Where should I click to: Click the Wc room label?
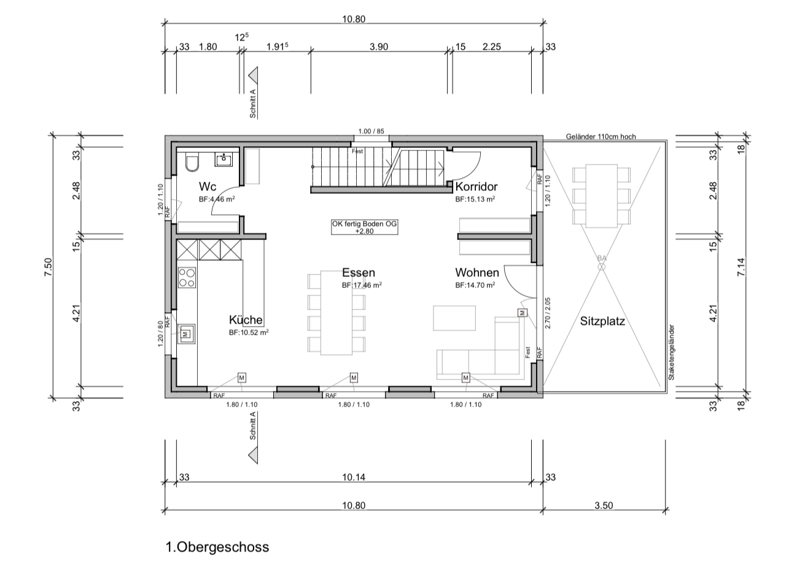(208, 186)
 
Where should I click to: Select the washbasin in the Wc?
(223, 160)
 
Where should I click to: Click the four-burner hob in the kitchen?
(187, 278)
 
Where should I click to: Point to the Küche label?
(246, 320)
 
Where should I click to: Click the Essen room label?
(359, 272)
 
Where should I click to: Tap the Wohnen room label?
(477, 272)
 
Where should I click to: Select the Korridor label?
(476, 186)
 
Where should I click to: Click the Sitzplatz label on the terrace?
(602, 321)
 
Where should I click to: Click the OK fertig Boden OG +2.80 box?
(365, 227)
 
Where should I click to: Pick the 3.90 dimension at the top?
(379, 47)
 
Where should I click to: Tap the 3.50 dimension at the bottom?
(604, 505)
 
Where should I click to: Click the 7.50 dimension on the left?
(48, 267)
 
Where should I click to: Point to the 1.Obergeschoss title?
(217, 547)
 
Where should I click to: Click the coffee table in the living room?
(454, 318)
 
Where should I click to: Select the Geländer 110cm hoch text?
(601, 136)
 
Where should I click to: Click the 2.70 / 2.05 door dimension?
(547, 313)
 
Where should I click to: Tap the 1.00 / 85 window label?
(371, 131)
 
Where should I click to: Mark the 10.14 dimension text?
(354, 477)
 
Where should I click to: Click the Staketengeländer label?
(671, 353)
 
